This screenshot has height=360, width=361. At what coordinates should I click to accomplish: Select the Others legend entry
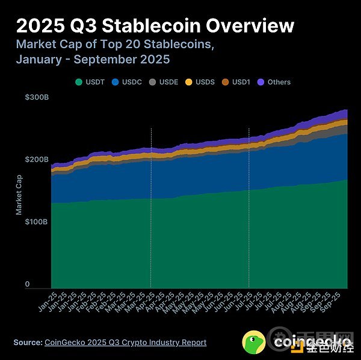point(274,82)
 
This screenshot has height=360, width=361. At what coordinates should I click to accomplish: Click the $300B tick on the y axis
point(36,97)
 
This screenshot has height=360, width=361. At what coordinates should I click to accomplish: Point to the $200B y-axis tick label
point(36,160)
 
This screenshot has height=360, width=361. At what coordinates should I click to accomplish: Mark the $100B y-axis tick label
point(36,222)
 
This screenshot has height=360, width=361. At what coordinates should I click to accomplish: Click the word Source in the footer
point(28,342)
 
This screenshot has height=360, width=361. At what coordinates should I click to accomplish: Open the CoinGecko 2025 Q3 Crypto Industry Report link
point(125,342)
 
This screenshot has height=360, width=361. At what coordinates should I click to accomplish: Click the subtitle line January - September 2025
point(93,59)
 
